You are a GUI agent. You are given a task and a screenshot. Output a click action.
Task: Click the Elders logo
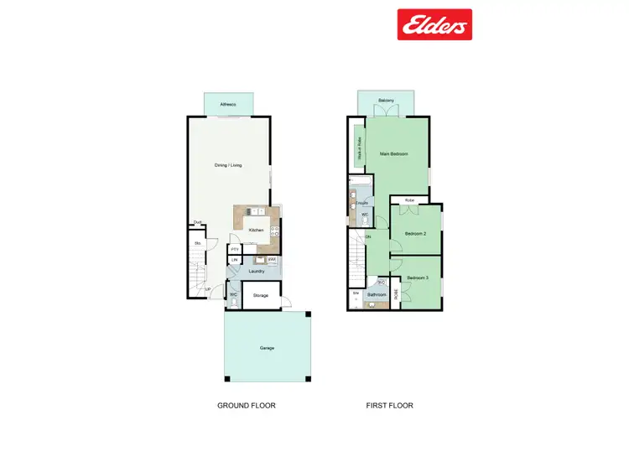pyautogui.click(x=434, y=24)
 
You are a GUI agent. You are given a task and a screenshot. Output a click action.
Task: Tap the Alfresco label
pyautogui.click(x=227, y=105)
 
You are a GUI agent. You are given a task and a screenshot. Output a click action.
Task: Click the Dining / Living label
pyautogui.click(x=227, y=165)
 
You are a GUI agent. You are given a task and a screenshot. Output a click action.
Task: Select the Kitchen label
pyautogui.click(x=257, y=230)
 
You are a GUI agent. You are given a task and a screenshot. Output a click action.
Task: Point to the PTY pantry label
pyautogui.click(x=235, y=248)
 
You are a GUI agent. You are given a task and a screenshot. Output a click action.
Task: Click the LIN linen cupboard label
pyautogui.click(x=234, y=261)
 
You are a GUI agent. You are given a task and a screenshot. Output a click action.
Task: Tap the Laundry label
pyautogui.click(x=257, y=272)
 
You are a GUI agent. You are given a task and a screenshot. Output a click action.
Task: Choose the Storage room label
pyautogui.click(x=260, y=295)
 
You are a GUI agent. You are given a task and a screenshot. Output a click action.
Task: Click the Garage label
pyautogui.click(x=267, y=348)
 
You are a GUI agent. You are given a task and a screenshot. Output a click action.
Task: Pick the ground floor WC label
pyautogui.click(x=234, y=294)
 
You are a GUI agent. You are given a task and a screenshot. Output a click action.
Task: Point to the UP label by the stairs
pyautogui.click(x=208, y=290)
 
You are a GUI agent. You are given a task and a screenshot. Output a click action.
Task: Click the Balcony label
pyautogui.click(x=386, y=101)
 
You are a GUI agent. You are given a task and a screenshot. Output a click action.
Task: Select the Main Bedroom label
pyautogui.click(x=393, y=154)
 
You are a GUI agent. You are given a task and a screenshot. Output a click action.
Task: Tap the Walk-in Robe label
pyautogui.click(x=359, y=148)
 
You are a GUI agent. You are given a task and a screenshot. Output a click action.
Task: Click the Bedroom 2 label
pyautogui.click(x=416, y=233)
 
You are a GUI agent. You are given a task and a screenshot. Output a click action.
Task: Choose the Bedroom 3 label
pyautogui.click(x=418, y=277)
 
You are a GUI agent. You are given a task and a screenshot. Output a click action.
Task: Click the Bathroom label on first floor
pyautogui.click(x=377, y=295)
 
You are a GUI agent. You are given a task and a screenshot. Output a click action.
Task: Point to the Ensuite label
pyautogui.click(x=361, y=203)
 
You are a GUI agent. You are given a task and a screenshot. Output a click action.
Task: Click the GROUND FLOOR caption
pyautogui.click(x=247, y=406)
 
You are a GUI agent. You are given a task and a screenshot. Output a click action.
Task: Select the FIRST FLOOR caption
pyautogui.click(x=389, y=406)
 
